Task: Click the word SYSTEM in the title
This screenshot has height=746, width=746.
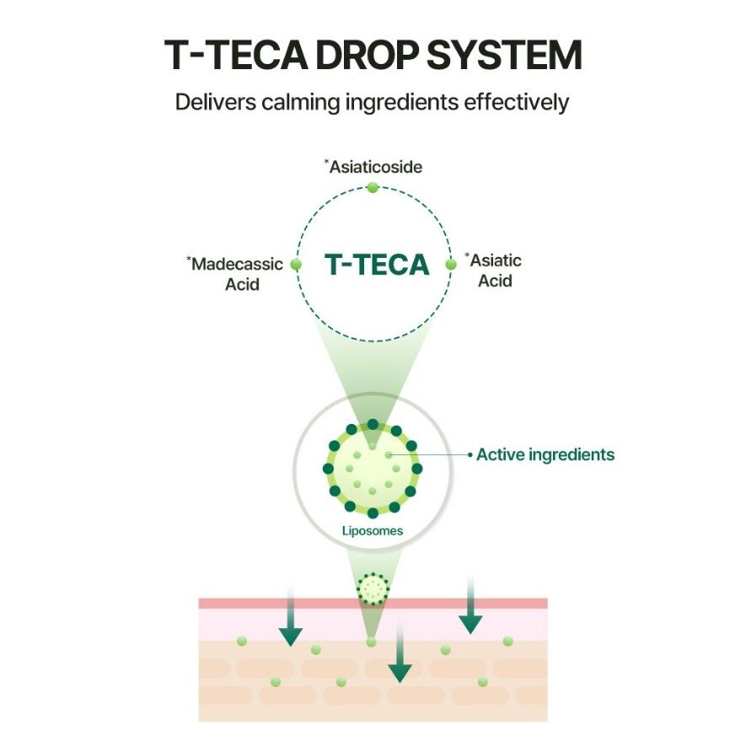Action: [504, 55]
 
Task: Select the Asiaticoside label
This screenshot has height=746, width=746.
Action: [373, 167]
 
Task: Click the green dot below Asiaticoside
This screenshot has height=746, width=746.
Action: [373, 187]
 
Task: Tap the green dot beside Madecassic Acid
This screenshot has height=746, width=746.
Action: [296, 264]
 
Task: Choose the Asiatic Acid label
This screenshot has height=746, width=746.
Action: [493, 271]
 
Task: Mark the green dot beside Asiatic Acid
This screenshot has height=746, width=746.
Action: [450, 265]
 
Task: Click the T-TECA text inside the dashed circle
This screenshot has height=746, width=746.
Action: [377, 265]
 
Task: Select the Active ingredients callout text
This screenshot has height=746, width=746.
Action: [545, 455]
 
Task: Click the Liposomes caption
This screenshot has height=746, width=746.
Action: [373, 531]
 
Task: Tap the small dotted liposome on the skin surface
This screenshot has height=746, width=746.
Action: [373, 589]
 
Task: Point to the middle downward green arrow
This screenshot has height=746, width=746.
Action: [400, 653]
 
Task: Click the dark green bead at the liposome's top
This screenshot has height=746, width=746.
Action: [373, 424]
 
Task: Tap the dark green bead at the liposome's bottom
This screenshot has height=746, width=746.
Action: [373, 513]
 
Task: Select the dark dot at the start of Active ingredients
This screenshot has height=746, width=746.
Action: [470, 455]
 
